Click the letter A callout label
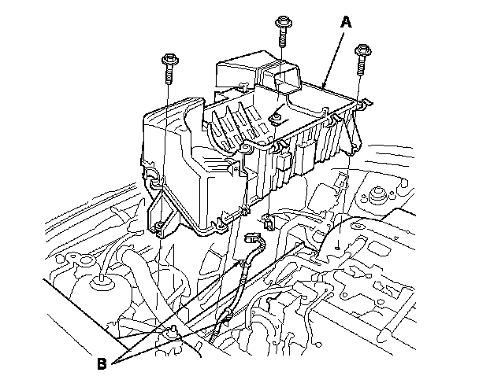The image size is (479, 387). pos(343,24)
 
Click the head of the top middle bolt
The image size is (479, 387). pos(281,20)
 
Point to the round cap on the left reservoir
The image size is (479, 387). pos(101,281)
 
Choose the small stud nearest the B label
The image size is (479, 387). pos(169,334)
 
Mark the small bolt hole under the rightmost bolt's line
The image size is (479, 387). pos(337,246)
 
